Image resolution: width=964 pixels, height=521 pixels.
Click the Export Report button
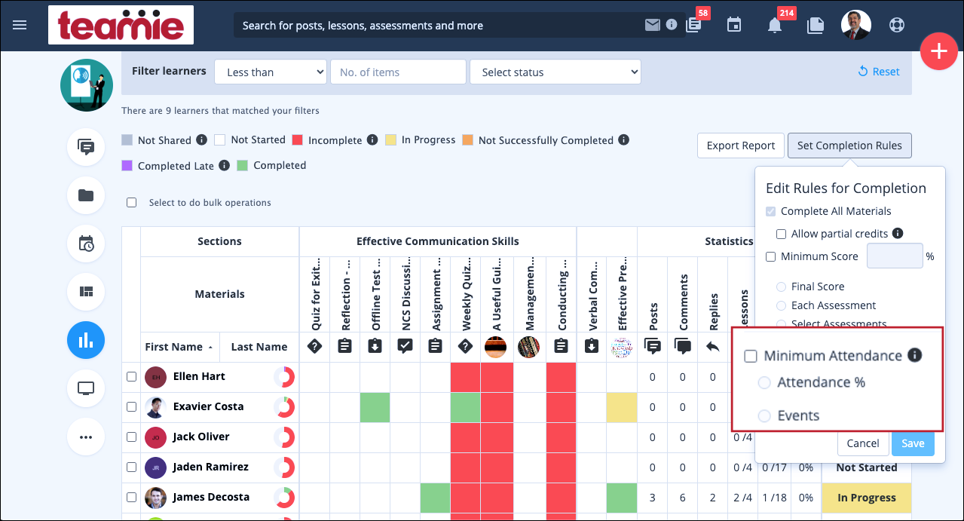pos(740,146)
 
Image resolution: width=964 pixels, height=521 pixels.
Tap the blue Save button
pos(912,443)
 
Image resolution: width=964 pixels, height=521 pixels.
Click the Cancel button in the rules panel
pos(862,443)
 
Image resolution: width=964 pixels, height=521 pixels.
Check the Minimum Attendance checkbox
pos(751,357)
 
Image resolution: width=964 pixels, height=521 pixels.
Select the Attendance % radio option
pos(764,382)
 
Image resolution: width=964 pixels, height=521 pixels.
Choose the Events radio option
pos(764,415)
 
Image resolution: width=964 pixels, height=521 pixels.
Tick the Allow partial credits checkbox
pos(782,234)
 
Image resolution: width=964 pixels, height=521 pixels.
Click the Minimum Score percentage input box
pos(895,256)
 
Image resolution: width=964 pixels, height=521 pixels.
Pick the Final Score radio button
pos(781,287)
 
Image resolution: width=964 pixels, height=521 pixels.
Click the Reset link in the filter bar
pos(879,72)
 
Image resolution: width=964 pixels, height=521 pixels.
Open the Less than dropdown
pos(271,72)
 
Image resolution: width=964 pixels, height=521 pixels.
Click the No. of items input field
pos(398,72)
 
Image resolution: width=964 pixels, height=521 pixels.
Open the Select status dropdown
pos(555,72)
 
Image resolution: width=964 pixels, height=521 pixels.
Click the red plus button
pos(938,52)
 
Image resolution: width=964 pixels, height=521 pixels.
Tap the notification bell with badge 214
pos(774,25)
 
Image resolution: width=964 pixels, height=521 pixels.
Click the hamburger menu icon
pos(20,25)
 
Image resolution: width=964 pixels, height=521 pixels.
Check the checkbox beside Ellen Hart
pos(131,376)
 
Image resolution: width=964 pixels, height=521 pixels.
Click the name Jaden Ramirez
pos(210,467)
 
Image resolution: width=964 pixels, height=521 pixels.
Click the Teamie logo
pos(121,25)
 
